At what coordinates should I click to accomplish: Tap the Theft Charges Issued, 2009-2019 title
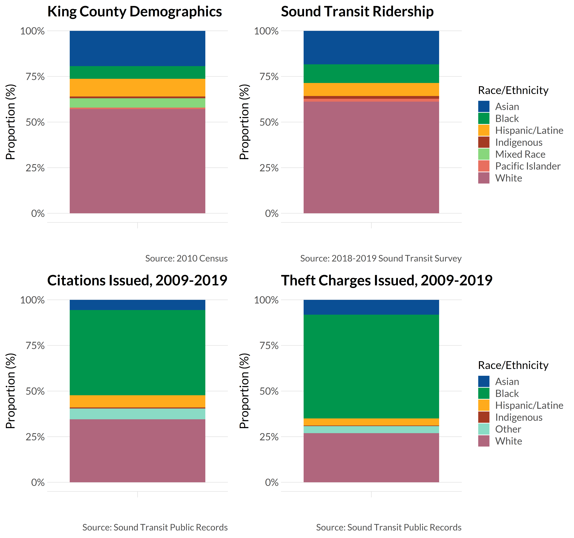(386, 281)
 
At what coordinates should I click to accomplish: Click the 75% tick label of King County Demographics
(35, 77)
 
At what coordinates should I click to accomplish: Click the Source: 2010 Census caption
(186, 258)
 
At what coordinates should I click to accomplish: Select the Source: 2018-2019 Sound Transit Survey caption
(381, 258)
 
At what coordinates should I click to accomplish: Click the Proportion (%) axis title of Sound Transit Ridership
(244, 122)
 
